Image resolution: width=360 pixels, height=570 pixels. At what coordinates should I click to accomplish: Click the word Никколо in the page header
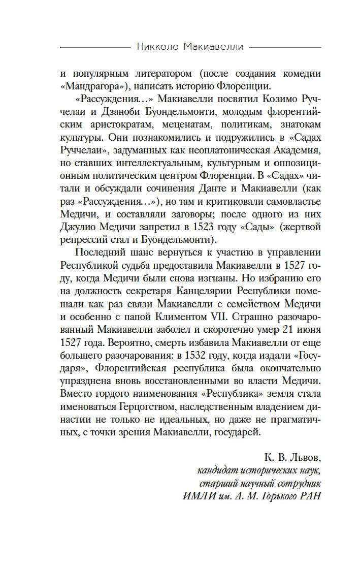[155, 47]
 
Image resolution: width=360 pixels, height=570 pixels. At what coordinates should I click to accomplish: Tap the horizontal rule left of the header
[94, 47]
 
